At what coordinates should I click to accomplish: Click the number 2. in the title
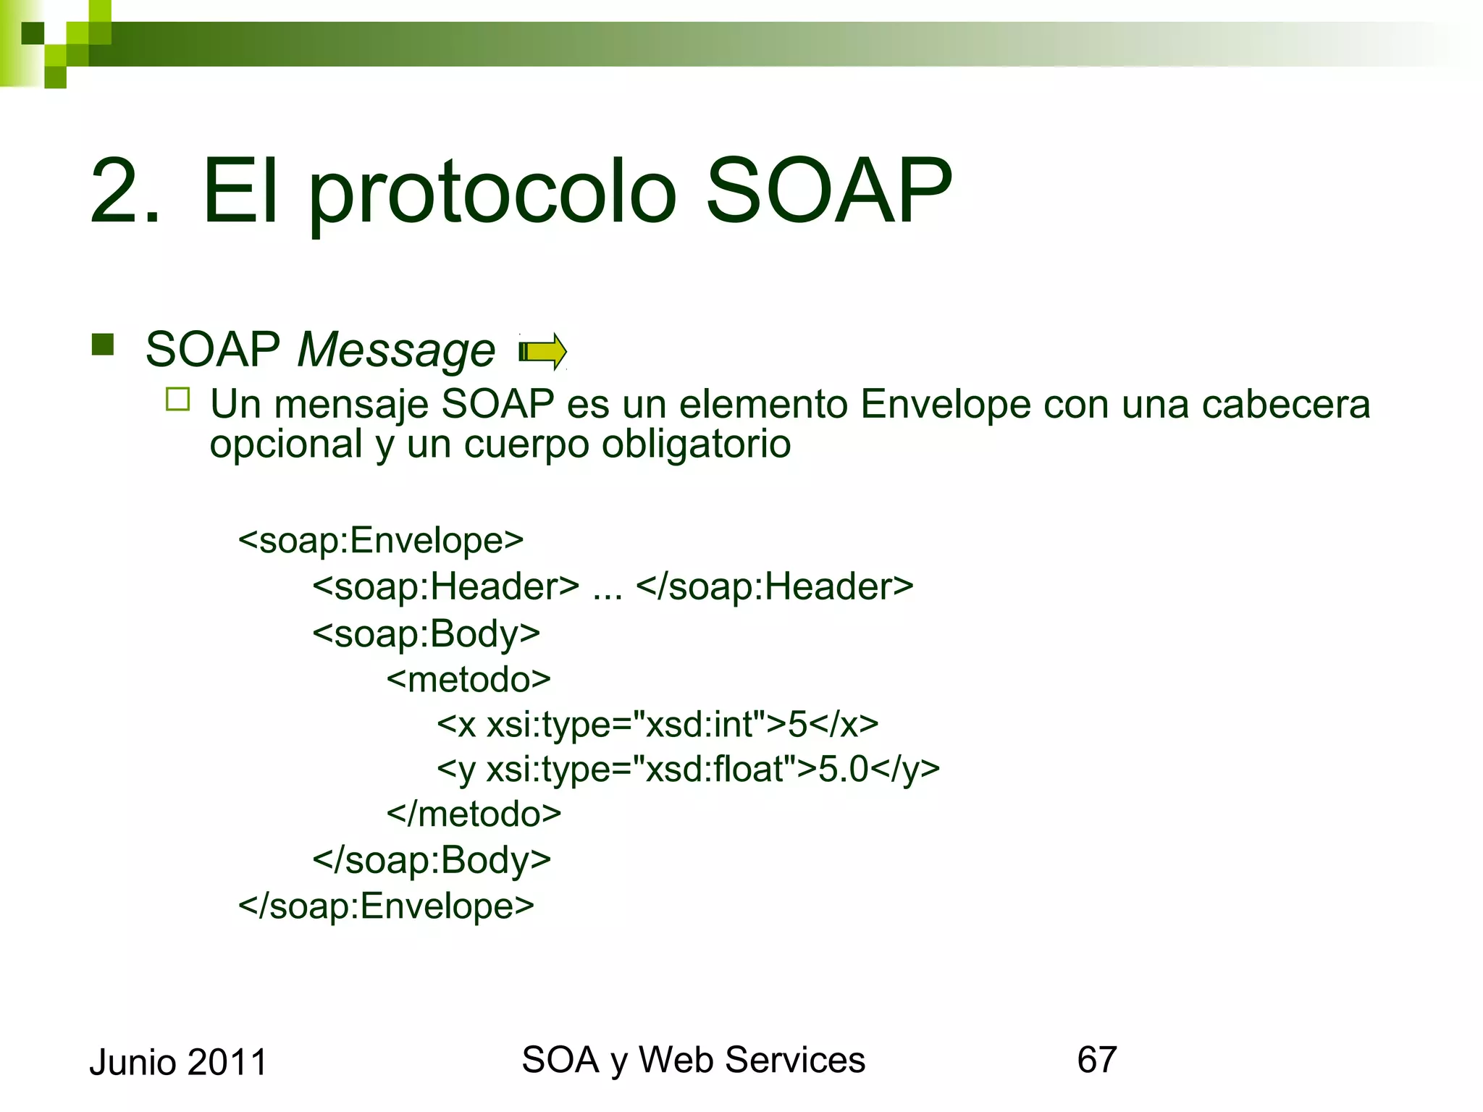tap(125, 192)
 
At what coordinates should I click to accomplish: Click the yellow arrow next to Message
tap(543, 352)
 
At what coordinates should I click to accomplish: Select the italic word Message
tap(396, 350)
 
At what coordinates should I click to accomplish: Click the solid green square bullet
tap(103, 345)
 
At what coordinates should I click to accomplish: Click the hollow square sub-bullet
tap(177, 400)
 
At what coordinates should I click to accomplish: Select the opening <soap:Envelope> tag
tap(380, 540)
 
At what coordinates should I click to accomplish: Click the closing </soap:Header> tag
tap(774, 586)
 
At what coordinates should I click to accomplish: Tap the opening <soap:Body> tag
tap(426, 633)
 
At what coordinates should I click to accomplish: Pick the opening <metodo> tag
tap(469, 679)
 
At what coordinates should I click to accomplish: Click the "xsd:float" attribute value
tap(713, 769)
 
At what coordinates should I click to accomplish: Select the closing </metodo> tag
tap(474, 814)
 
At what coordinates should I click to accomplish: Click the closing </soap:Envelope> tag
tap(385, 906)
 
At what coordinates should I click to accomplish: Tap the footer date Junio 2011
tap(178, 1062)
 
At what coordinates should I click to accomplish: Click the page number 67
tap(1096, 1060)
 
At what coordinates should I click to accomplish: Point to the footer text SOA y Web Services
tap(693, 1060)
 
